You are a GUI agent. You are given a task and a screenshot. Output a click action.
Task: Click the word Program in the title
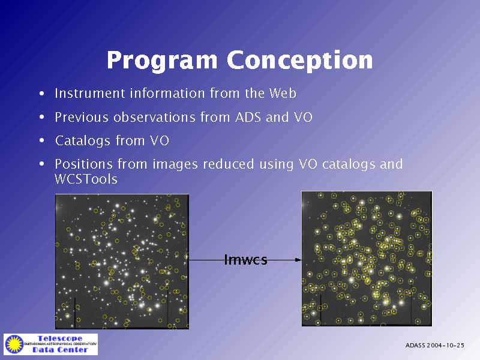click(162, 61)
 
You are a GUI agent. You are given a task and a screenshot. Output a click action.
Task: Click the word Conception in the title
click(299, 60)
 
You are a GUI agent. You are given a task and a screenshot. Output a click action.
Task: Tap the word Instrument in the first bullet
click(90, 93)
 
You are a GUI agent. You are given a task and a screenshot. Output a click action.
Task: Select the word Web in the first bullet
click(283, 93)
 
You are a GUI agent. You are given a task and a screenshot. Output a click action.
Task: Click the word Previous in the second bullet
click(82, 117)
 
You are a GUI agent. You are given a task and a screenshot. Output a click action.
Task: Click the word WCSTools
click(86, 179)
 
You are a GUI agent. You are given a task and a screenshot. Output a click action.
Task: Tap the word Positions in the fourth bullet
click(84, 164)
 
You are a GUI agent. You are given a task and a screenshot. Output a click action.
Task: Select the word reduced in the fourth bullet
click(229, 164)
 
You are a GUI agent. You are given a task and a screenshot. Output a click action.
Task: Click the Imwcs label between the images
click(246, 260)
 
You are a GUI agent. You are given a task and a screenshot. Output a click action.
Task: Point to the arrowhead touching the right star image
click(298, 260)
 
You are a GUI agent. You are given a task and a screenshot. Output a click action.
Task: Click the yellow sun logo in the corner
click(14, 344)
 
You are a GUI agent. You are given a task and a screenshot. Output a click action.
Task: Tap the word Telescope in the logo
click(60, 338)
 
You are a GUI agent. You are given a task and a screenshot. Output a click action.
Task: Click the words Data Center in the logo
click(60, 350)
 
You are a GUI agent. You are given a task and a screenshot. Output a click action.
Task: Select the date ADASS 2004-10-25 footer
click(434, 346)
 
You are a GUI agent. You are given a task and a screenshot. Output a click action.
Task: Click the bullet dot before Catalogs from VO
click(42, 140)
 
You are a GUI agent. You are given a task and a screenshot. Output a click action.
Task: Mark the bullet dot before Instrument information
click(42, 93)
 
